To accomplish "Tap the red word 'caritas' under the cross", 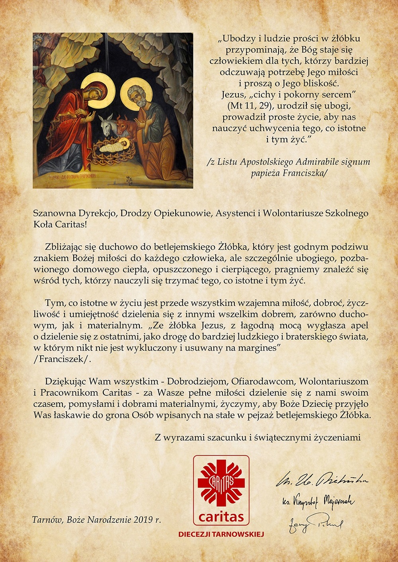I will (x=221, y=517).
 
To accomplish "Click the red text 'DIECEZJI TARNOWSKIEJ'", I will (x=221, y=534).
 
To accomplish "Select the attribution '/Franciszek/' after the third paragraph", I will (x=62, y=359).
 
